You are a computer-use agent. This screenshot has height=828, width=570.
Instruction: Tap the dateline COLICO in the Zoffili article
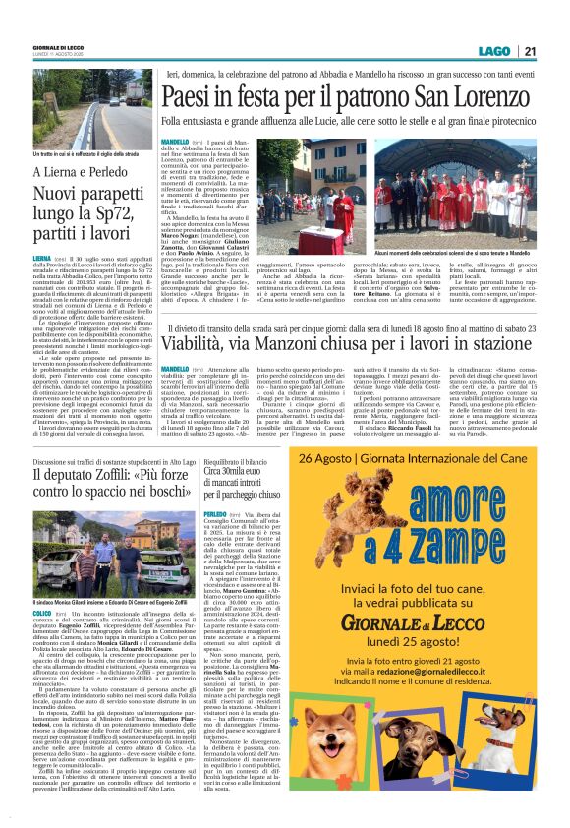(x=44, y=612)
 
